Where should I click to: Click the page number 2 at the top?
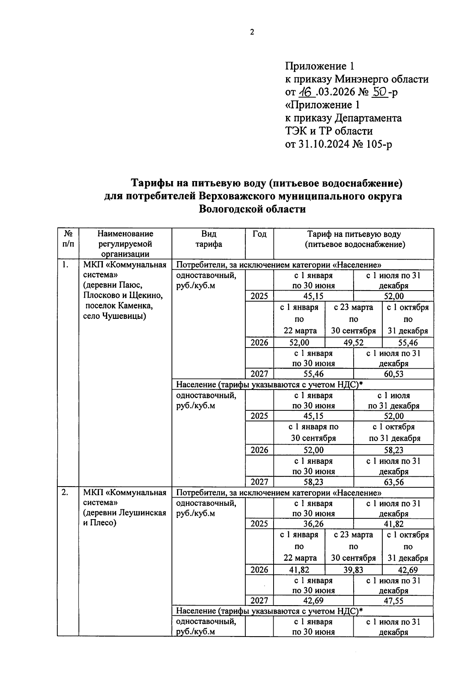coord(252,32)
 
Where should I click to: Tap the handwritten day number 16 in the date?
coord(305,92)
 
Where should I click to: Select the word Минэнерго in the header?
coord(364,79)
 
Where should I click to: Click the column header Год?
coord(259,234)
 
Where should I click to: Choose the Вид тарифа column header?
coord(209,239)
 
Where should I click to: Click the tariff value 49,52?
coord(354,343)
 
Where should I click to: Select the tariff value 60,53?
coord(394,374)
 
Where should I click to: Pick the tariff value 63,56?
coord(394,482)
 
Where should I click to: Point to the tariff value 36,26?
coord(313,524)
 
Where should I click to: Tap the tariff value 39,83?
coord(354,570)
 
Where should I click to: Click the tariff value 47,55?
coord(394,601)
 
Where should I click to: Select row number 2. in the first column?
coord(66,492)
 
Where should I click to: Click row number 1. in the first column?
coord(66,265)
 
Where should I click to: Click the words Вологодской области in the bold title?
coord(252,209)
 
